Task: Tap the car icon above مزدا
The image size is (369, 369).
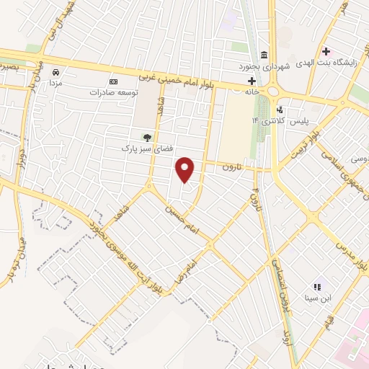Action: click(55, 73)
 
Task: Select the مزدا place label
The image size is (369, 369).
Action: click(55, 83)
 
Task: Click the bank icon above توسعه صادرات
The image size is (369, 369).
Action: click(112, 81)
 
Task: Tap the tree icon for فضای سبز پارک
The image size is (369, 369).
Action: click(147, 137)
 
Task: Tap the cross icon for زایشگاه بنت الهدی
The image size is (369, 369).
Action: click(326, 51)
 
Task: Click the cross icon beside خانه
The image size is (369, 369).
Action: click(252, 80)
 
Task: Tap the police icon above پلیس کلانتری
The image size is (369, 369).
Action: click(280, 110)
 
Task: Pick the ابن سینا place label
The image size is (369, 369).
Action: click(317, 296)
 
